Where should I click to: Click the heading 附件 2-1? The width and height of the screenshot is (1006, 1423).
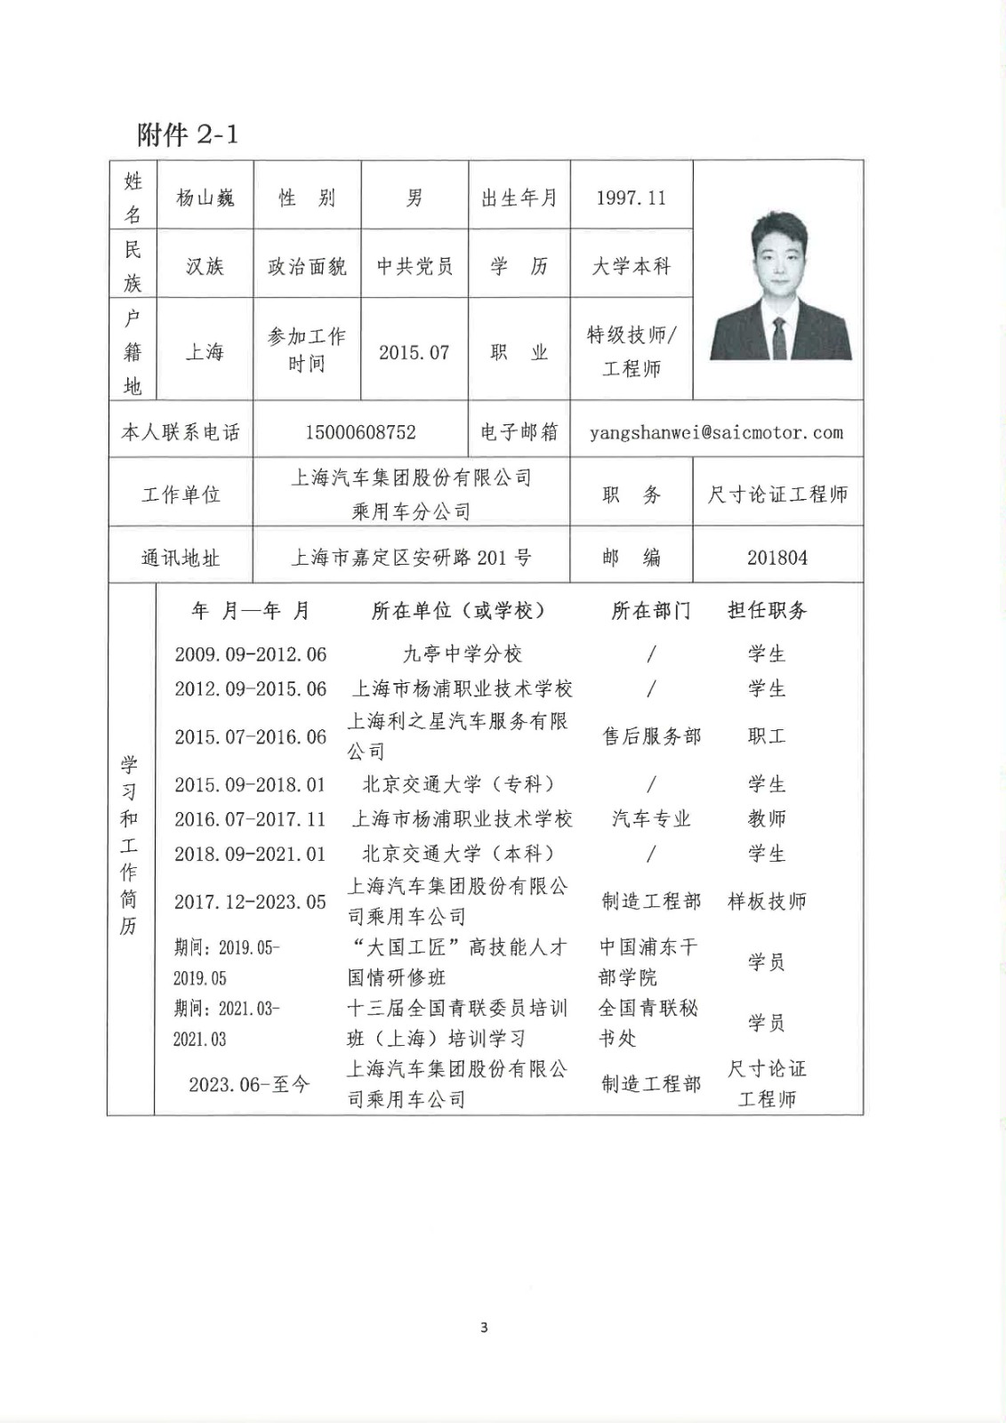point(188,134)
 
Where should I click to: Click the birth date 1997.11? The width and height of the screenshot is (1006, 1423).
point(631,197)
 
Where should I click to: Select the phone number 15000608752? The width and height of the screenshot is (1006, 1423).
point(360,432)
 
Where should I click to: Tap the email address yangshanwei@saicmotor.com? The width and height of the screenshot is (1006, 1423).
point(716,432)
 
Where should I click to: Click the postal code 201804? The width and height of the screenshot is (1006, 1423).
point(777,558)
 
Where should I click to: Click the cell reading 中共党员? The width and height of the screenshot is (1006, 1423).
point(414,266)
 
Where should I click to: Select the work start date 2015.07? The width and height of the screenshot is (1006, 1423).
point(414,352)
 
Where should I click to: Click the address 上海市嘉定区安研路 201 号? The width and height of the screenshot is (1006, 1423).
point(411,558)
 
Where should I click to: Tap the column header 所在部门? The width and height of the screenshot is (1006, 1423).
point(651,610)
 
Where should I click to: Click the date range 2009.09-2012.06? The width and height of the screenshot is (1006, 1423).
point(251,655)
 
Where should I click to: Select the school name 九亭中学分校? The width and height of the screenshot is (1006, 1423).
point(463,655)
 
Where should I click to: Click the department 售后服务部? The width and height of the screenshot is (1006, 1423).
point(651,736)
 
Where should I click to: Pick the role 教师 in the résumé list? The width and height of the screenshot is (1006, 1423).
point(767,819)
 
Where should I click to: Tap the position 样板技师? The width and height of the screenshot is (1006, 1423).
point(767,901)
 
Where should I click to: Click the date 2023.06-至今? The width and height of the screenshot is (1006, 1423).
point(249,1084)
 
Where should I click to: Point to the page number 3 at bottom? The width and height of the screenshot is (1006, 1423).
point(484,1328)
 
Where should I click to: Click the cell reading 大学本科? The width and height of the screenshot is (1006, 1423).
point(631,266)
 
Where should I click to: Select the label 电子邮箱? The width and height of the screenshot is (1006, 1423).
point(519,432)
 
